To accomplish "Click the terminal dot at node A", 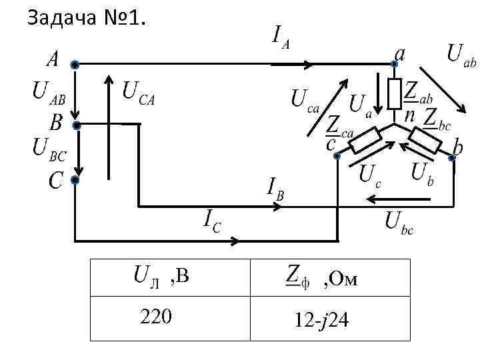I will tap(75, 65).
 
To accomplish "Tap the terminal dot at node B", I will tap(77, 125).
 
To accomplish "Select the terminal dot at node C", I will tap(75, 180).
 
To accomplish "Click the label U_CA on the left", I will tap(139, 92).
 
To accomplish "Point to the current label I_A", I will tap(281, 36).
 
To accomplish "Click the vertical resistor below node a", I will tap(395, 93).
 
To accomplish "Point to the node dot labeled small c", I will tap(337, 157).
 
